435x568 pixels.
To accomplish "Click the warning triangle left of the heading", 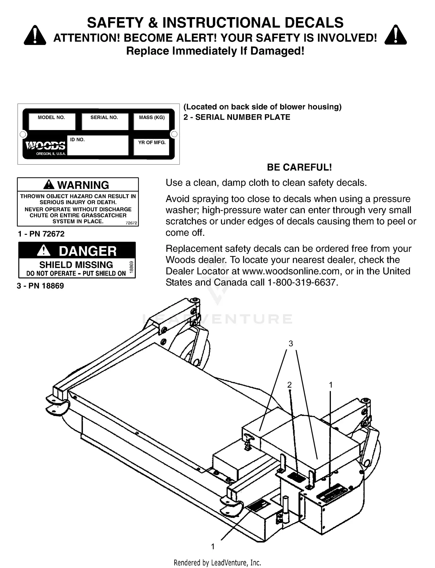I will click(x=35, y=36).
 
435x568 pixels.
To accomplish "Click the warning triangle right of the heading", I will click(x=396, y=36).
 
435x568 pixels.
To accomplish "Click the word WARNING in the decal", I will click(x=83, y=185).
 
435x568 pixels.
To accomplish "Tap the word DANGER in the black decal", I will click(x=88, y=251).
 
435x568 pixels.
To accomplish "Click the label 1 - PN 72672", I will click(x=41, y=234).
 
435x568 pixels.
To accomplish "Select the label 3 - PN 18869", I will click(x=40, y=286).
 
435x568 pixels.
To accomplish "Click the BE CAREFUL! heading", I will click(x=299, y=167).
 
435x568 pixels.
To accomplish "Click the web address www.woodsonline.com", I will click(x=291, y=271).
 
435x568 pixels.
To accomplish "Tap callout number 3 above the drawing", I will click(x=291, y=344).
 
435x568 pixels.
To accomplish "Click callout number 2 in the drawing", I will click(x=289, y=385).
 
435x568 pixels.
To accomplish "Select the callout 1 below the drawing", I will click(x=213, y=547).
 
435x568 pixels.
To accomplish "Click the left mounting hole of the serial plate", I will click(x=23, y=134).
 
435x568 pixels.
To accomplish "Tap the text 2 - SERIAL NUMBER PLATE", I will click(x=237, y=117).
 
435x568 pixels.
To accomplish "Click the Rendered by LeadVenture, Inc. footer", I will click(x=217, y=562).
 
